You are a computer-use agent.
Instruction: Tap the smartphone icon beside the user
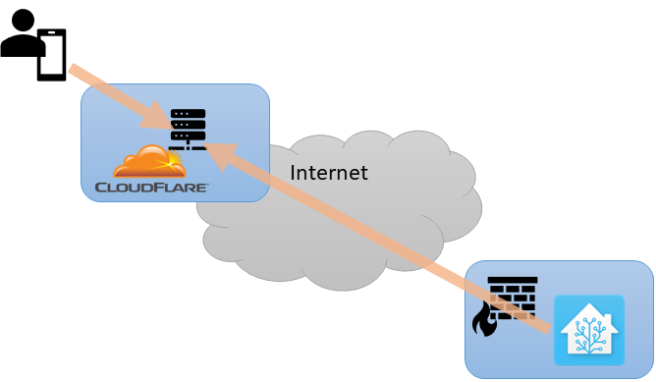tap(51, 55)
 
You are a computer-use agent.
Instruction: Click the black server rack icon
tap(188, 129)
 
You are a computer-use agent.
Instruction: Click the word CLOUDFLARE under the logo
tap(150, 186)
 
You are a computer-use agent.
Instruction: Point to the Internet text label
tap(329, 173)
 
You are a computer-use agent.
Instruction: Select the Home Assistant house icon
tap(588, 330)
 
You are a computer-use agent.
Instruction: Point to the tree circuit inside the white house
tap(588, 334)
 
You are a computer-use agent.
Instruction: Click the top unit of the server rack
tap(188, 114)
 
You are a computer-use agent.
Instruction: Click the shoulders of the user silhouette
tap(20, 45)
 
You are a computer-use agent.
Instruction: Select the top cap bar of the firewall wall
tap(513, 281)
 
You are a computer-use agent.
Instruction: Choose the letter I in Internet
tap(294, 173)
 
